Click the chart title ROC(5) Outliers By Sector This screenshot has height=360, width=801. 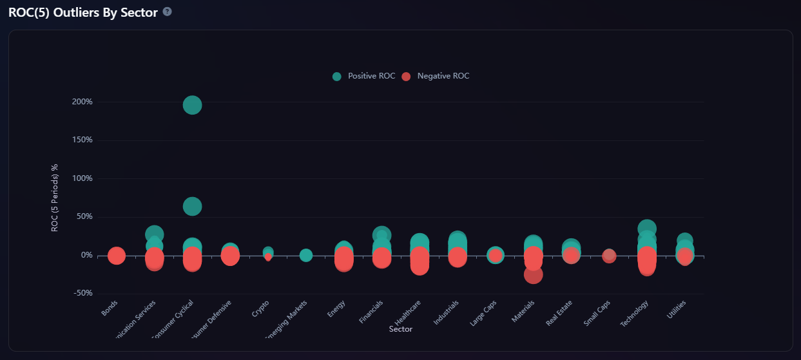(x=83, y=12)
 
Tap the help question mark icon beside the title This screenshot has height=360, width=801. (x=168, y=12)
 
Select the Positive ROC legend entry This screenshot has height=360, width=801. (x=364, y=76)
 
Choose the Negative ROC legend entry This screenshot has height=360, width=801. (x=436, y=76)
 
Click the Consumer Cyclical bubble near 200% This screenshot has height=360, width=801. (x=192, y=105)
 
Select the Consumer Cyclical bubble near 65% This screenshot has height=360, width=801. (x=192, y=207)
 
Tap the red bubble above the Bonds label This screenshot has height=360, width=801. (x=116, y=256)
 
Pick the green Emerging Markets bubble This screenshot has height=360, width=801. (x=306, y=256)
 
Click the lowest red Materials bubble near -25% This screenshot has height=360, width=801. (x=533, y=275)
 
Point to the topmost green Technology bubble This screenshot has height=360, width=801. (x=647, y=229)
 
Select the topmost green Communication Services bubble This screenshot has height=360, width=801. (x=154, y=234)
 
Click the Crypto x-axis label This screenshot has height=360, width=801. (x=262, y=308)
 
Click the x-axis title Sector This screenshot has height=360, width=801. (x=401, y=329)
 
